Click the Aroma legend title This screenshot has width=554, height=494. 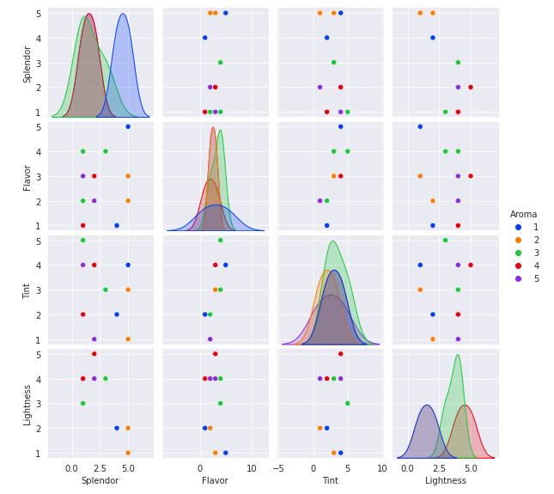(x=523, y=214)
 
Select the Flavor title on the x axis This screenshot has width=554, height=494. (x=215, y=480)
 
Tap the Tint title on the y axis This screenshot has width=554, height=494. (x=27, y=290)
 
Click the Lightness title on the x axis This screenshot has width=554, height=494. (x=445, y=480)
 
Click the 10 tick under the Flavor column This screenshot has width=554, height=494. (x=251, y=468)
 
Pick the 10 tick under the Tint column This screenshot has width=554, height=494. (x=381, y=468)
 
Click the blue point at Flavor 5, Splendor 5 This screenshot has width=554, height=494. (x=225, y=13)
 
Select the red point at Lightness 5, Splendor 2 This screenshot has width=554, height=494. (x=470, y=87)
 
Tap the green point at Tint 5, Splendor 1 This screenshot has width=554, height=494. (x=347, y=112)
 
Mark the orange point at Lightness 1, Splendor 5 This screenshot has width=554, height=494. (x=420, y=13)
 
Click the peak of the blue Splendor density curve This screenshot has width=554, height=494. (x=123, y=14)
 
